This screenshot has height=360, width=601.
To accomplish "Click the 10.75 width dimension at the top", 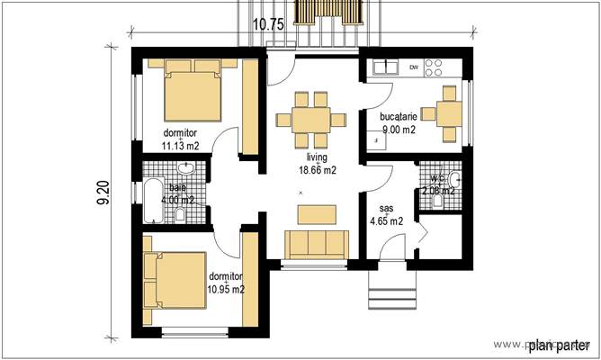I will [269, 24].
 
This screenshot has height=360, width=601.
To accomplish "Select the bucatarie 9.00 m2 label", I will [397, 123].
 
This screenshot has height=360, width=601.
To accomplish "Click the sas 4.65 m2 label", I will [386, 212].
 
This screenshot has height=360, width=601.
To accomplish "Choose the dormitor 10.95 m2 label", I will [226, 283].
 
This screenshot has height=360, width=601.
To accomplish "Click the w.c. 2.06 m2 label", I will [439, 184].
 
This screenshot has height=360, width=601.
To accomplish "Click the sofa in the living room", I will [316, 244].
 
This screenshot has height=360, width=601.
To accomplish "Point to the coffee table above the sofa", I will [318, 212].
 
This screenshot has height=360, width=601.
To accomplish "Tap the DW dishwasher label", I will [414, 67].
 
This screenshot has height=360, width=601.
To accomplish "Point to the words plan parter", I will [558, 345].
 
